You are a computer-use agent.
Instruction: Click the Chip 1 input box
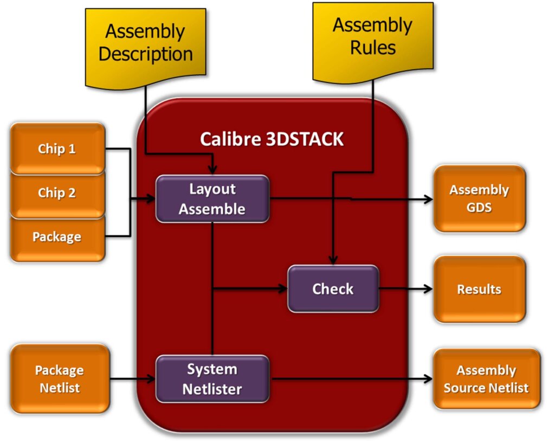pyautogui.click(x=57, y=149)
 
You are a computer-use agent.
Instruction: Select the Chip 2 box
pyautogui.click(x=57, y=193)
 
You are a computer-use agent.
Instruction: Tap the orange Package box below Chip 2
pyautogui.click(x=57, y=237)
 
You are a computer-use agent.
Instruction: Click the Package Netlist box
pyautogui.click(x=60, y=378)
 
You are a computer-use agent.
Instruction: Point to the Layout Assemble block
pyautogui.click(x=212, y=199)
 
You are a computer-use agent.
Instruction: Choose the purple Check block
pyautogui.click(x=333, y=288)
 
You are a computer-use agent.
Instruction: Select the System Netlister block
pyautogui.click(x=212, y=379)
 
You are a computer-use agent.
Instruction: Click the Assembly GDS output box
pyautogui.click(x=479, y=198)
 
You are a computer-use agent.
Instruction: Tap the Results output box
pyautogui.click(x=479, y=289)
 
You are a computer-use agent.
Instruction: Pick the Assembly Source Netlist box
pyautogui.click(x=486, y=379)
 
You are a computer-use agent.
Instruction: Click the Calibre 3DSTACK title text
pyautogui.click(x=272, y=139)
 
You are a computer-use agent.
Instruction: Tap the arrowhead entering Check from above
pyautogui.click(x=333, y=261)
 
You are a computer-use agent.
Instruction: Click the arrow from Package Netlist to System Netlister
pyautogui.click(x=133, y=379)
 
